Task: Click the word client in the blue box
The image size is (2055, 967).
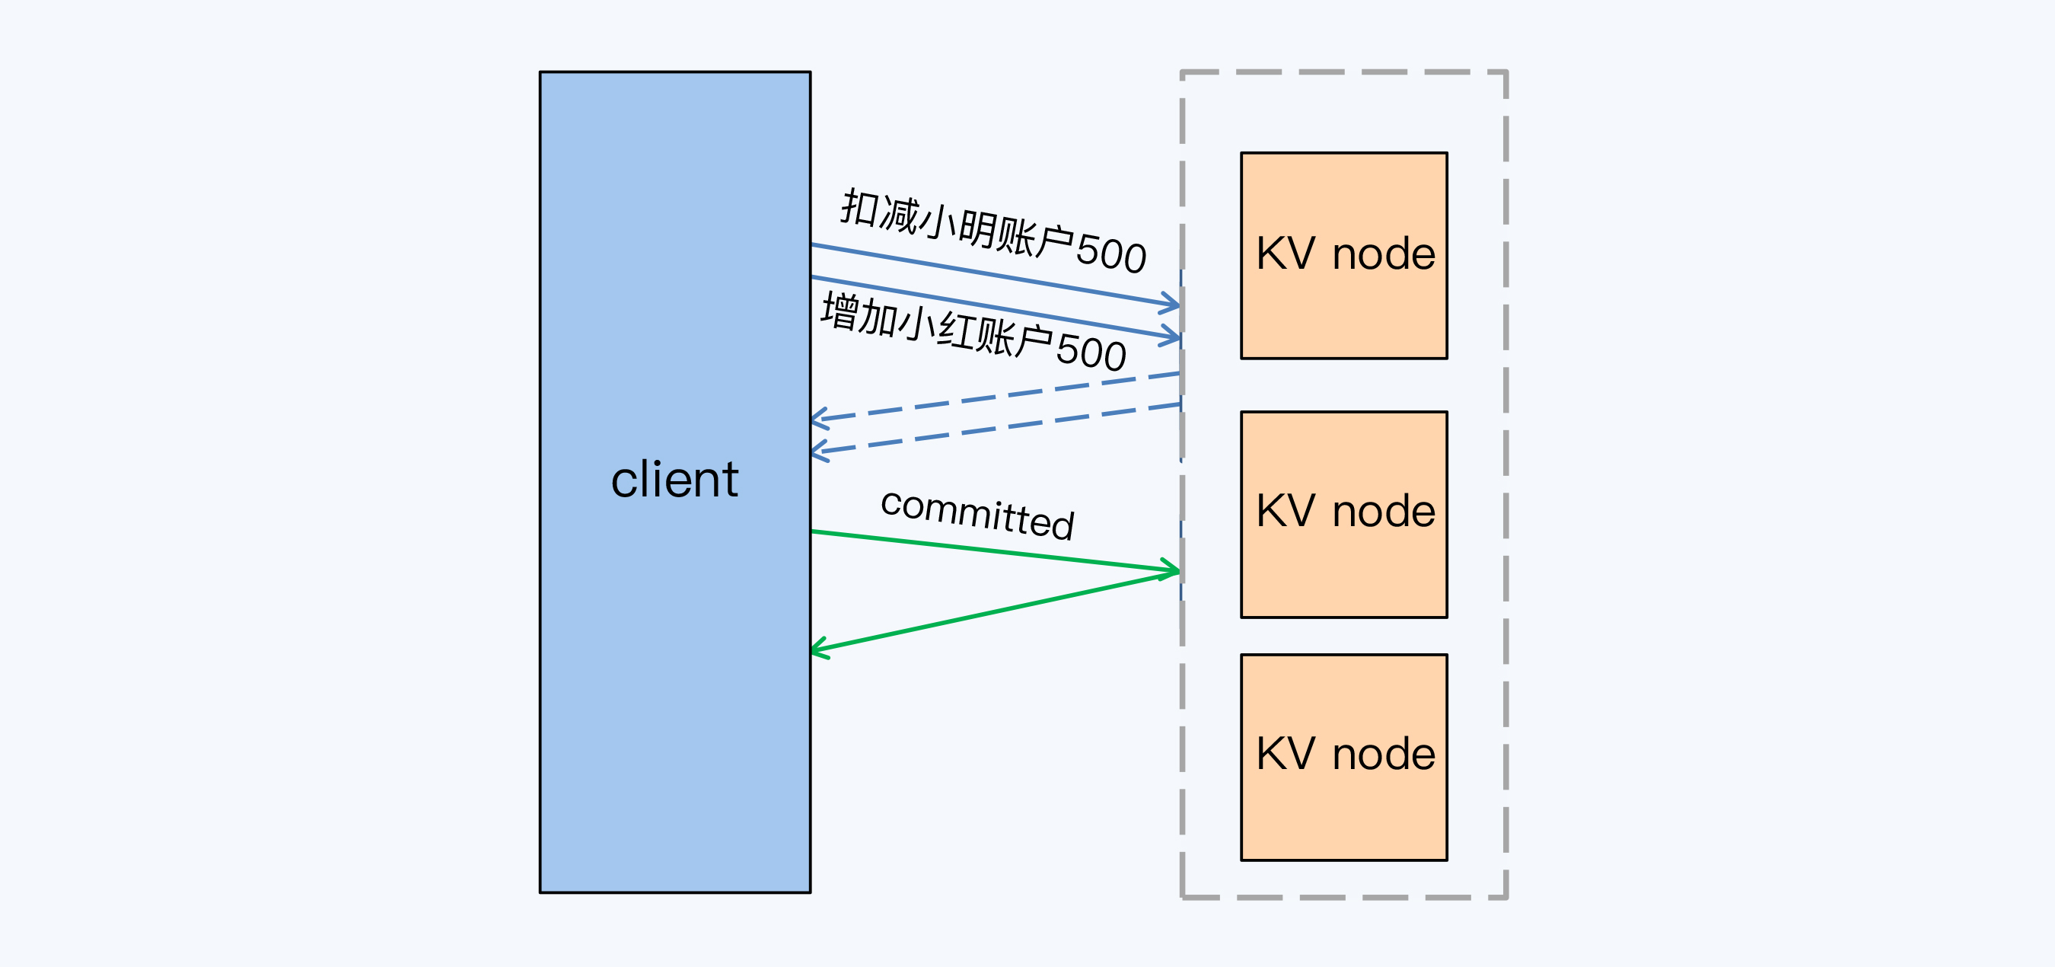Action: pos(674,480)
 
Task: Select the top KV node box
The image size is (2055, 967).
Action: pos(1343,255)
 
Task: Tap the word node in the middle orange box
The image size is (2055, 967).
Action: pos(1384,512)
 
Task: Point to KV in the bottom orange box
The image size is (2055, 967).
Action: pos(1286,754)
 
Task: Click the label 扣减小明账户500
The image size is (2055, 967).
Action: pos(993,231)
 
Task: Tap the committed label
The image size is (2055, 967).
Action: pos(977,515)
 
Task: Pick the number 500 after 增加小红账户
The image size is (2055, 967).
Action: pos(1091,353)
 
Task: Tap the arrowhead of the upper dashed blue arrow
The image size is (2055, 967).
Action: pos(817,418)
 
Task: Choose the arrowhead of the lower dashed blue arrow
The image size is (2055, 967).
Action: pos(817,452)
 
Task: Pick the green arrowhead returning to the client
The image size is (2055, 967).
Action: pos(817,649)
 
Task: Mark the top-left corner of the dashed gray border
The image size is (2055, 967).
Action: pos(1182,72)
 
